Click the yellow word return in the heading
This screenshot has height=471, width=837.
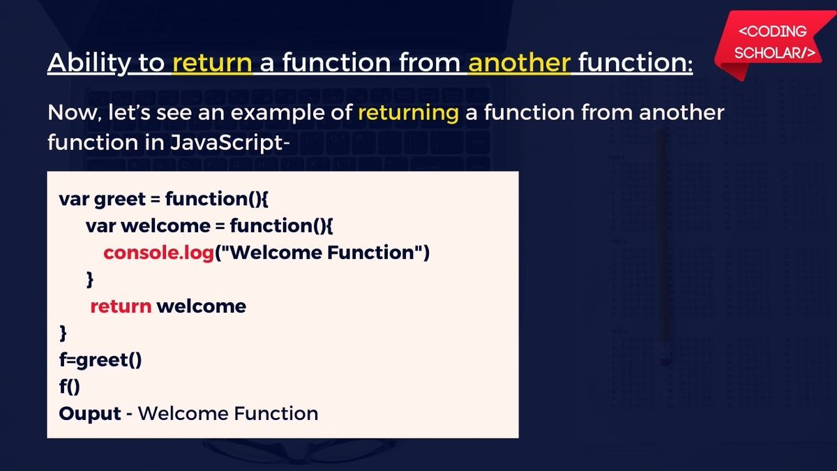click(x=212, y=62)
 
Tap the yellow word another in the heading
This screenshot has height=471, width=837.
click(x=519, y=62)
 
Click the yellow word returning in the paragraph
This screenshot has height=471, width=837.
click(x=409, y=114)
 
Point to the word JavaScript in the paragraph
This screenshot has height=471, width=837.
click(x=227, y=143)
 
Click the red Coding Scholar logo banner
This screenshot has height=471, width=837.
click(x=773, y=43)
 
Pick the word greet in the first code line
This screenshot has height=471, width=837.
click(x=119, y=200)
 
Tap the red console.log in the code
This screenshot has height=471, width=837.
click(x=158, y=253)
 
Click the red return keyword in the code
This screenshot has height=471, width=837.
click(x=121, y=306)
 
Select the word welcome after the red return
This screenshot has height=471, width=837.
click(x=202, y=306)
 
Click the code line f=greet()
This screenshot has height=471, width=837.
click(x=100, y=360)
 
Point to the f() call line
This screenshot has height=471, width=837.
click(x=70, y=387)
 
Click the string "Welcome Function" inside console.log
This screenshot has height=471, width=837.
click(x=323, y=253)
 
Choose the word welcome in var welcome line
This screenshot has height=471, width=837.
click(x=166, y=226)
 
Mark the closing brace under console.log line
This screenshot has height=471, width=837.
click(x=90, y=280)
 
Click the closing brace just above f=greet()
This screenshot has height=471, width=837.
click(x=63, y=333)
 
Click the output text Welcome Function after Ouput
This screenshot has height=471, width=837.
click(x=228, y=414)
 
